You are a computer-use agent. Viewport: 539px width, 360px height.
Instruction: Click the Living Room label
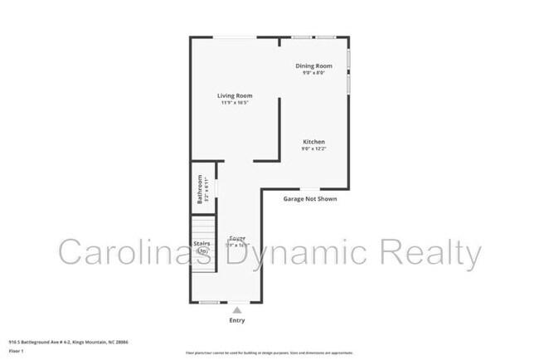(235, 95)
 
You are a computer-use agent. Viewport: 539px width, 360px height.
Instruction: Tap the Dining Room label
(314, 66)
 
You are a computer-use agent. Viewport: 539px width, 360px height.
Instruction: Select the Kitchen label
(313, 142)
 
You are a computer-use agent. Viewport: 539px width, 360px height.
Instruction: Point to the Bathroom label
(200, 189)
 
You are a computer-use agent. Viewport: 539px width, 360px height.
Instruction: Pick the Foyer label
(238, 238)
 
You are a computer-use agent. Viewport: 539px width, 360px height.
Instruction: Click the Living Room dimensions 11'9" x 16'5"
(235, 103)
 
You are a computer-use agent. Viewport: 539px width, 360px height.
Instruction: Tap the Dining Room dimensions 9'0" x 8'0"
(314, 73)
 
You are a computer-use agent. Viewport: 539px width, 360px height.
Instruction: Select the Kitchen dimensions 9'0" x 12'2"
(313, 149)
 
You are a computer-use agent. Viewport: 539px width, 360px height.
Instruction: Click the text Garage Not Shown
(310, 199)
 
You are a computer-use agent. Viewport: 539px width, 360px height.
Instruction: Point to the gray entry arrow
(237, 309)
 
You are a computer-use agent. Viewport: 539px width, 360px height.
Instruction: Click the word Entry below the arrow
(237, 320)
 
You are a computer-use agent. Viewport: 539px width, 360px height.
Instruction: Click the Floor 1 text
(17, 350)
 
